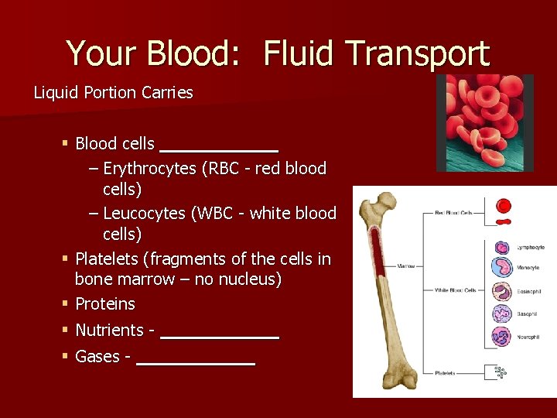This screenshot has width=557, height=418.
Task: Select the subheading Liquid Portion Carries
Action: pos(113,93)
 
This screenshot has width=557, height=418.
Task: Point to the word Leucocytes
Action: pos(144,213)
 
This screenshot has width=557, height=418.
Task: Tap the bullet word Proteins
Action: pos(105,303)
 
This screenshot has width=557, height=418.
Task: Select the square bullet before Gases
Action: pos(66,356)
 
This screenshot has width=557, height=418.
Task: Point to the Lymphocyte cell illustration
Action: pos(502,248)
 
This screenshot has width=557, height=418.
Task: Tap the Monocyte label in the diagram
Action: pos(528,268)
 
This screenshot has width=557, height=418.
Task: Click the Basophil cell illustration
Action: pos(502,314)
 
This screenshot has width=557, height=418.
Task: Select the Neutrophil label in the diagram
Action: pos(529,337)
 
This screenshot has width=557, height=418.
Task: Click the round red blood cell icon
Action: pos(504,206)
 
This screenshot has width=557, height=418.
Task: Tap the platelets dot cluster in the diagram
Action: pos(501,373)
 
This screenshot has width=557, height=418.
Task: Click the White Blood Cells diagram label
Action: pos(455,291)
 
